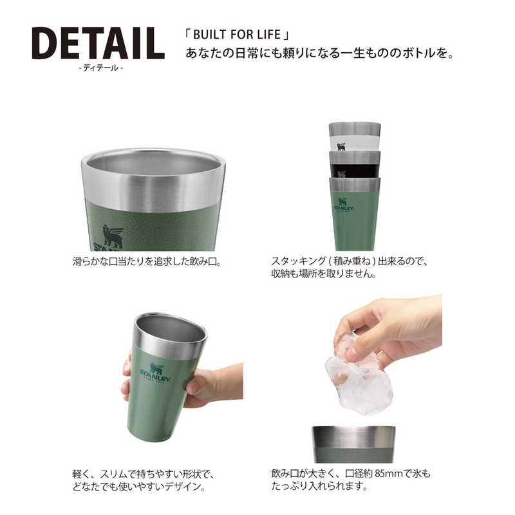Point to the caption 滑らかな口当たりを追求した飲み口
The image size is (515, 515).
click(146, 262)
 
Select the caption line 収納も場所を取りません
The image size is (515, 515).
click(324, 274)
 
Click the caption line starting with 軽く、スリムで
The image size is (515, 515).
click(142, 474)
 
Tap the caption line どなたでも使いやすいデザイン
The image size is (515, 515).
click(143, 487)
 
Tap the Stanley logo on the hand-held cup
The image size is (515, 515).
click(155, 373)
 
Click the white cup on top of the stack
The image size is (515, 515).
click(354, 137)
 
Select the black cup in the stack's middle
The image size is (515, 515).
click(354, 165)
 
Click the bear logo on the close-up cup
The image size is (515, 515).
click(113, 237)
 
